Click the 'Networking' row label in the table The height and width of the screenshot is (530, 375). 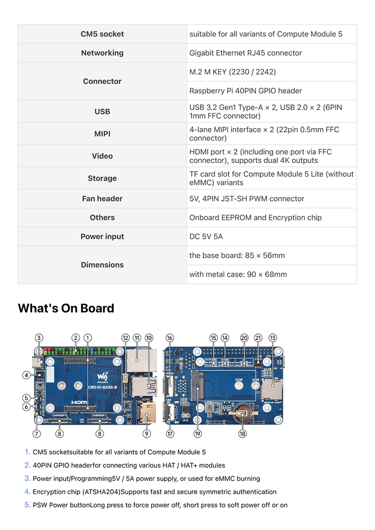pos(102,53)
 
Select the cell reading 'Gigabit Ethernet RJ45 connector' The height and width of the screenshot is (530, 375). pos(245,53)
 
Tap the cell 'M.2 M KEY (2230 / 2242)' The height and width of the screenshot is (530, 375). pos(233,72)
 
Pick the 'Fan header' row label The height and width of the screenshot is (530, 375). pos(102,199)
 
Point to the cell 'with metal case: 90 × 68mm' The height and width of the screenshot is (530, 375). pos(238,274)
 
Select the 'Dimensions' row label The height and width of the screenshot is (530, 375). pos(102,265)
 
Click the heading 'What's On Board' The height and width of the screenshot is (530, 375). pos(66,308)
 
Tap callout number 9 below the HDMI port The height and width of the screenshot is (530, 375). pos(147,434)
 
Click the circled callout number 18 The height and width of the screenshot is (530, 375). pos(242,434)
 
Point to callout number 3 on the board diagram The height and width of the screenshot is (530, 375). pos(39,337)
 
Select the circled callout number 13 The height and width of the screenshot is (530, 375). pos(273,337)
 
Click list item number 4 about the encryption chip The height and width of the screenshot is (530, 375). pos(154,492)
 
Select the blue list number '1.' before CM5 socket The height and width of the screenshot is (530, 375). pos(27,452)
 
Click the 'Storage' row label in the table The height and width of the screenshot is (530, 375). pos(102,178)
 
